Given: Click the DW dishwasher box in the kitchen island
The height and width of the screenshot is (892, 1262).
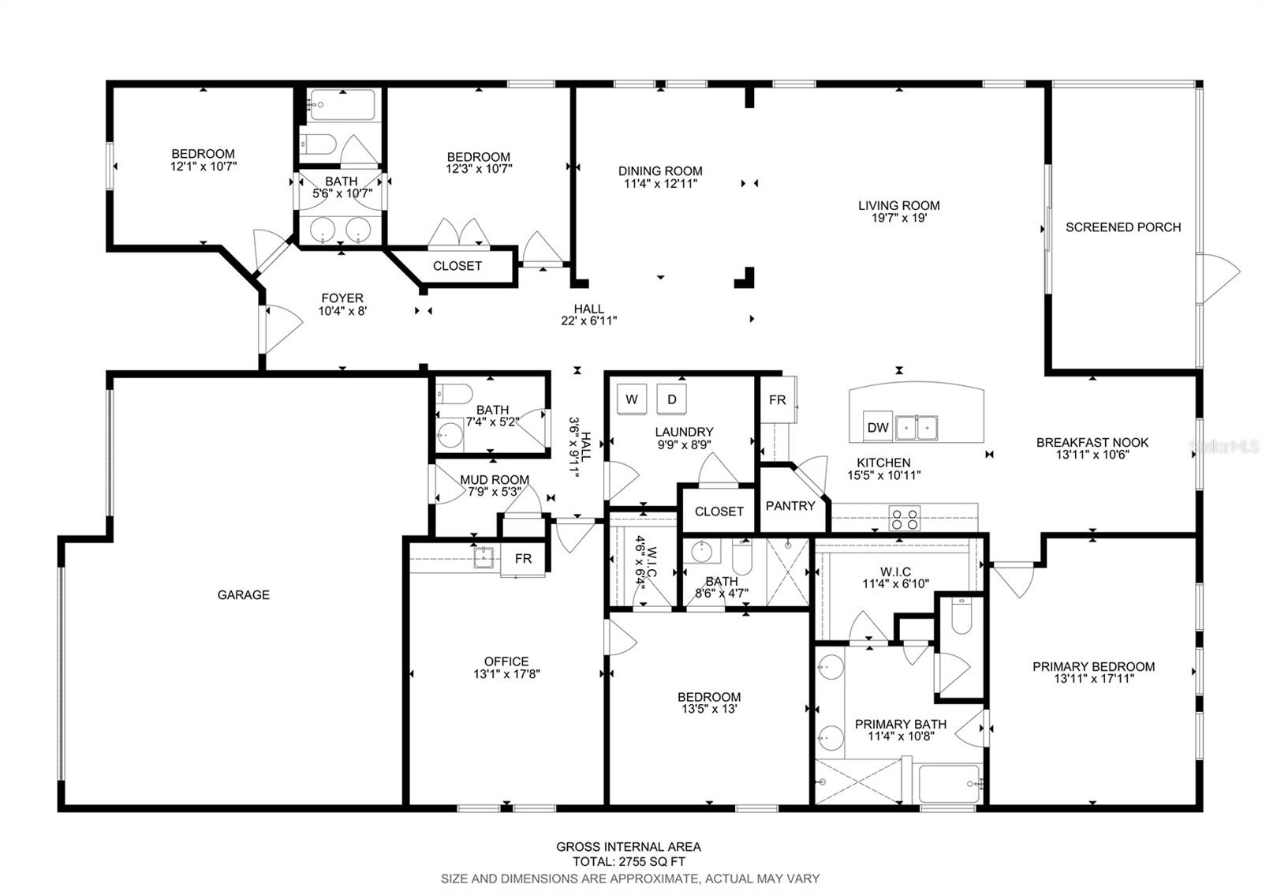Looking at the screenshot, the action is [877, 427].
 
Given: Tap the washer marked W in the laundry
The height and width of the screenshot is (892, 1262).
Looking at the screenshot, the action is [632, 399].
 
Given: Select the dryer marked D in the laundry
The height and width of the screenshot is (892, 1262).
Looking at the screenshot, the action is [671, 399].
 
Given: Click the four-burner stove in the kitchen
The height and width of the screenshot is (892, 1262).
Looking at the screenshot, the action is [904, 518].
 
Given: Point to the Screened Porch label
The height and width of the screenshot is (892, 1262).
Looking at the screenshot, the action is [1123, 227].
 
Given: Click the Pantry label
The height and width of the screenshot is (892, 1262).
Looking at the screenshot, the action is [790, 506].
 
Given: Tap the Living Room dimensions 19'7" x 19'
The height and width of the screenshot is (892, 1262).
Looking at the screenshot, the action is [899, 218].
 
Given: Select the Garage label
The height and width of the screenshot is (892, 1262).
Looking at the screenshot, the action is [244, 594].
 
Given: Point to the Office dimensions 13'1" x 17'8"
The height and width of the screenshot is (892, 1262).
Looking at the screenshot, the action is [506, 673].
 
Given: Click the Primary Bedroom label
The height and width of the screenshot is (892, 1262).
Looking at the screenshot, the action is [1093, 666].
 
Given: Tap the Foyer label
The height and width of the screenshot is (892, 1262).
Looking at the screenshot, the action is [342, 298].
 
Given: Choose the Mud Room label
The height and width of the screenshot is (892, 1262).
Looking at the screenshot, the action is [495, 479].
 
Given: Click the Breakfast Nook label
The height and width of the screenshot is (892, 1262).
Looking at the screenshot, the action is [1092, 443].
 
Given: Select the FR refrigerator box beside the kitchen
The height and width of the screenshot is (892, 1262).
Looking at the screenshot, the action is [778, 399].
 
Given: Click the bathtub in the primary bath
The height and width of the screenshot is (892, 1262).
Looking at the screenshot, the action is [950, 783].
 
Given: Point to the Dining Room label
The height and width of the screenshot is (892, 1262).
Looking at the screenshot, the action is [660, 171].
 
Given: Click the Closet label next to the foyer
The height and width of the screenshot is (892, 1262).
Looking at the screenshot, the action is [457, 265].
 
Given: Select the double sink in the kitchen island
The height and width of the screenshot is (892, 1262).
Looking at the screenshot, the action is [917, 428].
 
